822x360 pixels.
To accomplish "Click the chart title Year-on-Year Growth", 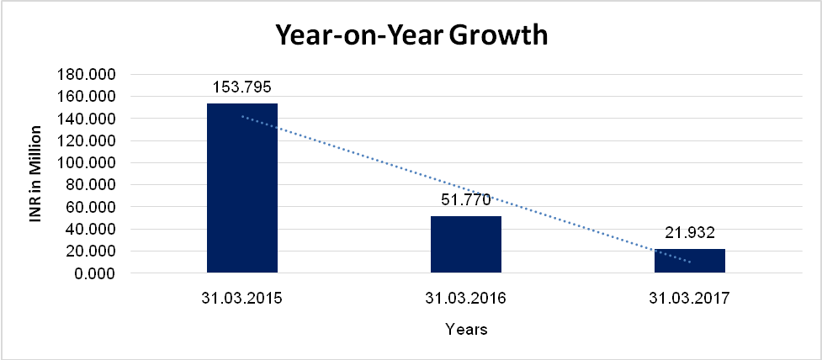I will (x=411, y=36).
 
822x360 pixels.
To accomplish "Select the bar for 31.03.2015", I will (x=242, y=188).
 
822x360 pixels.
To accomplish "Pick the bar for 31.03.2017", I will (x=690, y=261).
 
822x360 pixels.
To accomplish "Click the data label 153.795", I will (x=242, y=87).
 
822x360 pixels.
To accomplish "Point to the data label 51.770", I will (x=466, y=200).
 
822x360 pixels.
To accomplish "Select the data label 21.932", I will (x=690, y=233).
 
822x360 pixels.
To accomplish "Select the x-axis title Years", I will (x=466, y=330).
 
